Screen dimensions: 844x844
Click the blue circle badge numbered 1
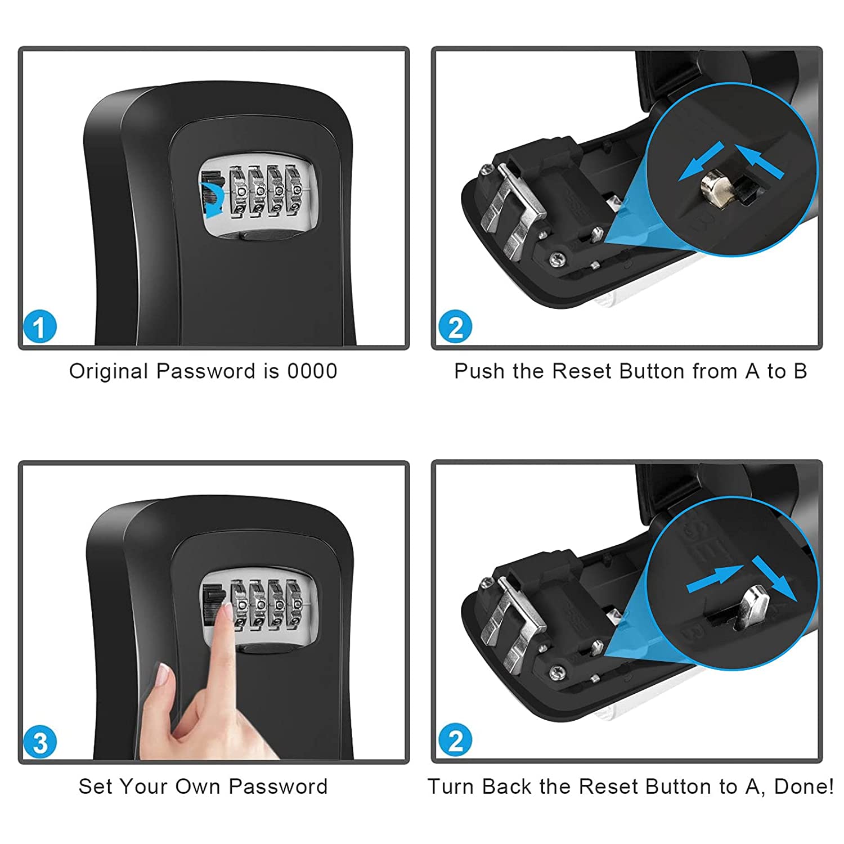(39, 327)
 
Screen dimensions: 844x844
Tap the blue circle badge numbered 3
(39, 742)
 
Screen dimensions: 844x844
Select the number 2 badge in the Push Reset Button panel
(455, 327)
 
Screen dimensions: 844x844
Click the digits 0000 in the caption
(312, 371)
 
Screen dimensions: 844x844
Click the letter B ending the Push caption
(800, 371)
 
